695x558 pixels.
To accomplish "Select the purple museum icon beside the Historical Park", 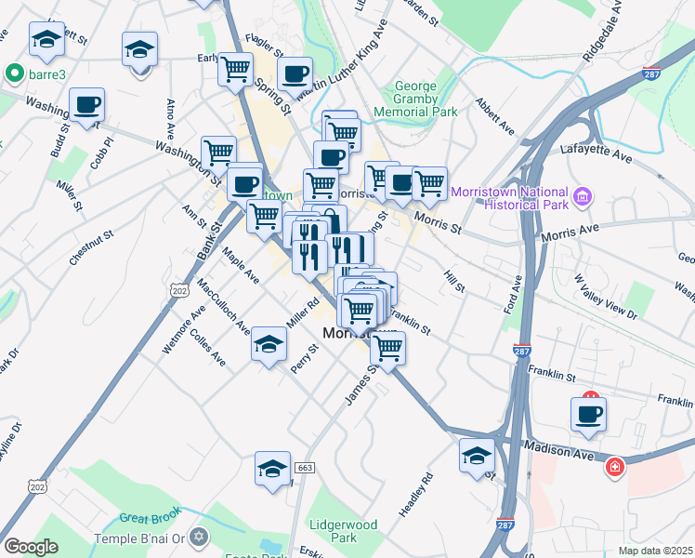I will (584, 196).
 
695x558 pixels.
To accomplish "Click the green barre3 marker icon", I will (14, 73).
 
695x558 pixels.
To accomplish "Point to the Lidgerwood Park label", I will (344, 531).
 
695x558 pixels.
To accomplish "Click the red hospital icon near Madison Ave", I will (614, 466).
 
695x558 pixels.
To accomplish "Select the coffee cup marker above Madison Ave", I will (588, 414).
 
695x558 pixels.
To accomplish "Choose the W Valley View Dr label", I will (606, 296).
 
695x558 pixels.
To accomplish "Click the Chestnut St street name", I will (90, 243).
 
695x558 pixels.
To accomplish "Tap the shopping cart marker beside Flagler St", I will (235, 68).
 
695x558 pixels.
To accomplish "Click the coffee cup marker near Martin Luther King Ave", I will (295, 73).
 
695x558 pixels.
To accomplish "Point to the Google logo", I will (31, 547).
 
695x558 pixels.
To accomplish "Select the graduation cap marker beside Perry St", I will (269, 346).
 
